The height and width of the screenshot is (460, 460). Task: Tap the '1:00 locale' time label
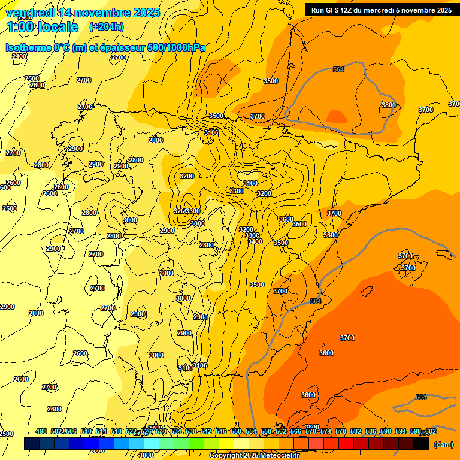[x=43, y=27]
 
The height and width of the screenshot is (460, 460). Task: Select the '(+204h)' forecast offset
[x=106, y=27]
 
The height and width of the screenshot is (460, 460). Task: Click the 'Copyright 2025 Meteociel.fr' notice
[x=254, y=456]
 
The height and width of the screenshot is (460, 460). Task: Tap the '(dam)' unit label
[x=443, y=444]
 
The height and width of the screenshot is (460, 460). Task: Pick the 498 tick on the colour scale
[x=41, y=431]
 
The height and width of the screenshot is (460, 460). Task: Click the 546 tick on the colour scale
[x=221, y=431]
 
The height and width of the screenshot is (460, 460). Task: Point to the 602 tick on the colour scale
[x=430, y=431]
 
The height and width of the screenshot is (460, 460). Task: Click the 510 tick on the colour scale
[x=86, y=431]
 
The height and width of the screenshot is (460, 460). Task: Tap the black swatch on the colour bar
[x=421, y=444]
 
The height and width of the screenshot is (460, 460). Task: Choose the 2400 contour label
[x=19, y=56]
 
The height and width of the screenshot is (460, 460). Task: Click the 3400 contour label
[x=255, y=241]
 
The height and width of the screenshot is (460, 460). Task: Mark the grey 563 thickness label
[x=316, y=301]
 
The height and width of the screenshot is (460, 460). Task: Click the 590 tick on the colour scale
[x=386, y=431]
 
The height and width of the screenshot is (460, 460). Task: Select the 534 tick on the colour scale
[x=176, y=431]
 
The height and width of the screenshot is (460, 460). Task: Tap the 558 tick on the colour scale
[x=266, y=431]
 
